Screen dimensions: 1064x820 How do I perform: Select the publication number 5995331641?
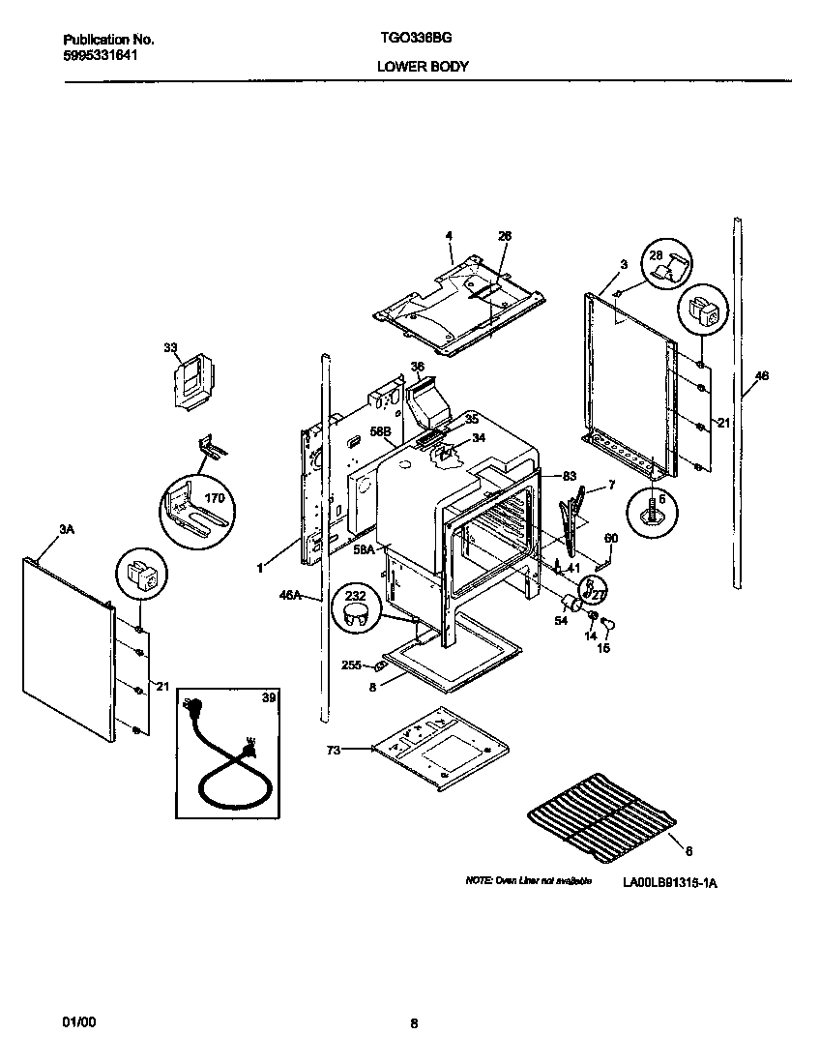pyautogui.click(x=100, y=56)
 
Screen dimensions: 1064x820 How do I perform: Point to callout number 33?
pyautogui.click(x=170, y=347)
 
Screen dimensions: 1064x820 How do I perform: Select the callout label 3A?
pyautogui.click(x=67, y=531)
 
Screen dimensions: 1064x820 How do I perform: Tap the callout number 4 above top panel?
pyautogui.click(x=449, y=235)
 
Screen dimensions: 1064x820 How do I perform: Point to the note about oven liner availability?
pyautogui.click(x=528, y=882)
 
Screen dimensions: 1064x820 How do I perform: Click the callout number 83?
pyautogui.click(x=570, y=475)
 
